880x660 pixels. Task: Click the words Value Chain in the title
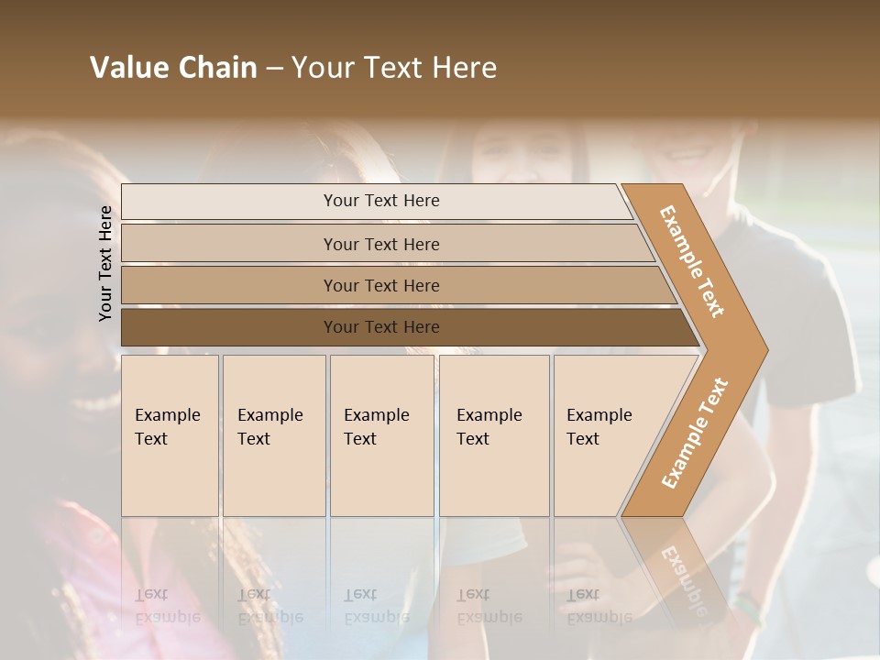(x=173, y=68)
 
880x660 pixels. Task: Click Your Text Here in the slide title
(x=394, y=68)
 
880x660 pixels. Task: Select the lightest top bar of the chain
(x=229, y=202)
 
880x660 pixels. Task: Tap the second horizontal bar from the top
(x=229, y=244)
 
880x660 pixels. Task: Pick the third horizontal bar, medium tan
(x=229, y=285)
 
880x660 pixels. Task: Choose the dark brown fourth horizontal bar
(x=229, y=327)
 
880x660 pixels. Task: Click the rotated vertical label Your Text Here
(x=105, y=263)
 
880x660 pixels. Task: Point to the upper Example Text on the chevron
(x=691, y=260)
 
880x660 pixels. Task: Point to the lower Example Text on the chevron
(x=694, y=433)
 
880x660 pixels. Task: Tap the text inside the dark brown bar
(x=381, y=327)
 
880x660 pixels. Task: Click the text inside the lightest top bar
(x=381, y=201)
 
